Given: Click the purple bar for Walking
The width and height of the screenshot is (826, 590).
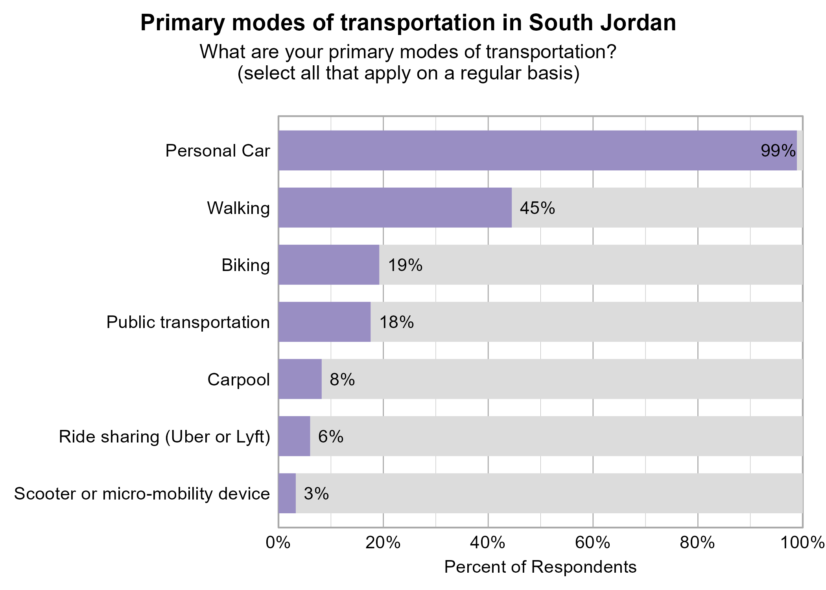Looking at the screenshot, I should (x=395, y=208).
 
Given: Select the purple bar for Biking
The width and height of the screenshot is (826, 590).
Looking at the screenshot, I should (x=329, y=265).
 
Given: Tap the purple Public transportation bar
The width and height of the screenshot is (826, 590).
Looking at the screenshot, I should (x=324, y=322).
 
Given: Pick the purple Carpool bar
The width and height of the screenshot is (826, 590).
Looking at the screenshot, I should (x=300, y=379).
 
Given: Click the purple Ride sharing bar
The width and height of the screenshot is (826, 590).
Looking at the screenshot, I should (x=294, y=436).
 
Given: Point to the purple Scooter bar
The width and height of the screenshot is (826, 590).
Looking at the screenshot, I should (x=287, y=493).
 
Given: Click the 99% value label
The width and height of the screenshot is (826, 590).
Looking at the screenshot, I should (x=778, y=151).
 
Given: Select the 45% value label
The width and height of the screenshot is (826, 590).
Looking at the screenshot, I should (x=537, y=208).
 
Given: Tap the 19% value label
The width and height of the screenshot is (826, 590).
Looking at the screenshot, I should (x=405, y=265).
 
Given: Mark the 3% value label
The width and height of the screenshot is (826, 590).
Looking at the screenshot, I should (x=316, y=494).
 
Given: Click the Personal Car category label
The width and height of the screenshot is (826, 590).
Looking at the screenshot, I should (x=218, y=151).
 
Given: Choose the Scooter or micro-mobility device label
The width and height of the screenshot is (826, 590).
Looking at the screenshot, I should (x=142, y=494).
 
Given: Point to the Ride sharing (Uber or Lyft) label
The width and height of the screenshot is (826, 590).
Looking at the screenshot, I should (x=164, y=437).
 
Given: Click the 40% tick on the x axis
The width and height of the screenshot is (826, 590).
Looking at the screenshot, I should (x=488, y=543).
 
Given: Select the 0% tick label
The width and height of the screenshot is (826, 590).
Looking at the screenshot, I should (x=278, y=543).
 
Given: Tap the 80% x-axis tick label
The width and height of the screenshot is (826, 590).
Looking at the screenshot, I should (x=697, y=543).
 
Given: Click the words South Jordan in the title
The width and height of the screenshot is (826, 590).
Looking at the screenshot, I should (x=602, y=23).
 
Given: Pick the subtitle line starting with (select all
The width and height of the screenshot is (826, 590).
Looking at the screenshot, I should (x=408, y=73).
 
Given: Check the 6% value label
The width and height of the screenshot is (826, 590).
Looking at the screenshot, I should (x=330, y=437).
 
